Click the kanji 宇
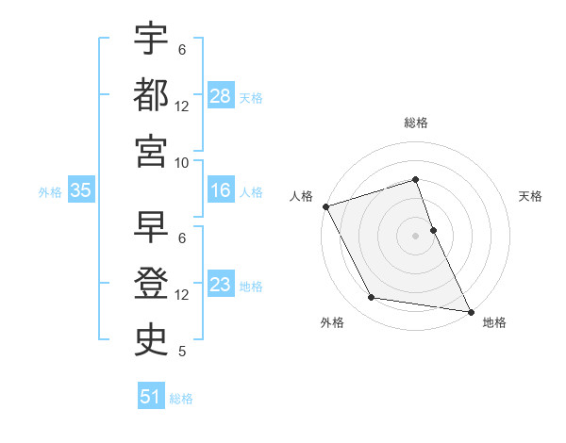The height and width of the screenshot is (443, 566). click(152, 39)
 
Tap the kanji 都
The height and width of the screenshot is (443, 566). click(152, 93)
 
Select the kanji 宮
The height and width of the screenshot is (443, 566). click(152, 149)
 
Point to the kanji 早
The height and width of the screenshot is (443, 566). click(152, 227)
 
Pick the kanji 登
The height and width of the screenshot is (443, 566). click(152, 283)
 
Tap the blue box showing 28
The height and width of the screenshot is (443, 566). click(221, 95)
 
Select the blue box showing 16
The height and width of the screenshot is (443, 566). click(221, 190)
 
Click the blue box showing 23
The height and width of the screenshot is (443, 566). click(221, 285)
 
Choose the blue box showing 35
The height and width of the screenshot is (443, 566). click(81, 190)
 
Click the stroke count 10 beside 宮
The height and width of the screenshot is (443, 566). click(182, 162)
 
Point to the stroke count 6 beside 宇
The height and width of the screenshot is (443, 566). click(182, 50)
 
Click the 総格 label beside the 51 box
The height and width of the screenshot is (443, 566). click(181, 399)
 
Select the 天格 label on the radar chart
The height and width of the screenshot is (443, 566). click(531, 196)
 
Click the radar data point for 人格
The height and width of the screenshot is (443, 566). click(325, 206)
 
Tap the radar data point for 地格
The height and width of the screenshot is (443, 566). click(470, 310)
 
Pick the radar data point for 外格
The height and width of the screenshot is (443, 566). click(372, 298)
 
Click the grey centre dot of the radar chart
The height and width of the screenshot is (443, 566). click(416, 236)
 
